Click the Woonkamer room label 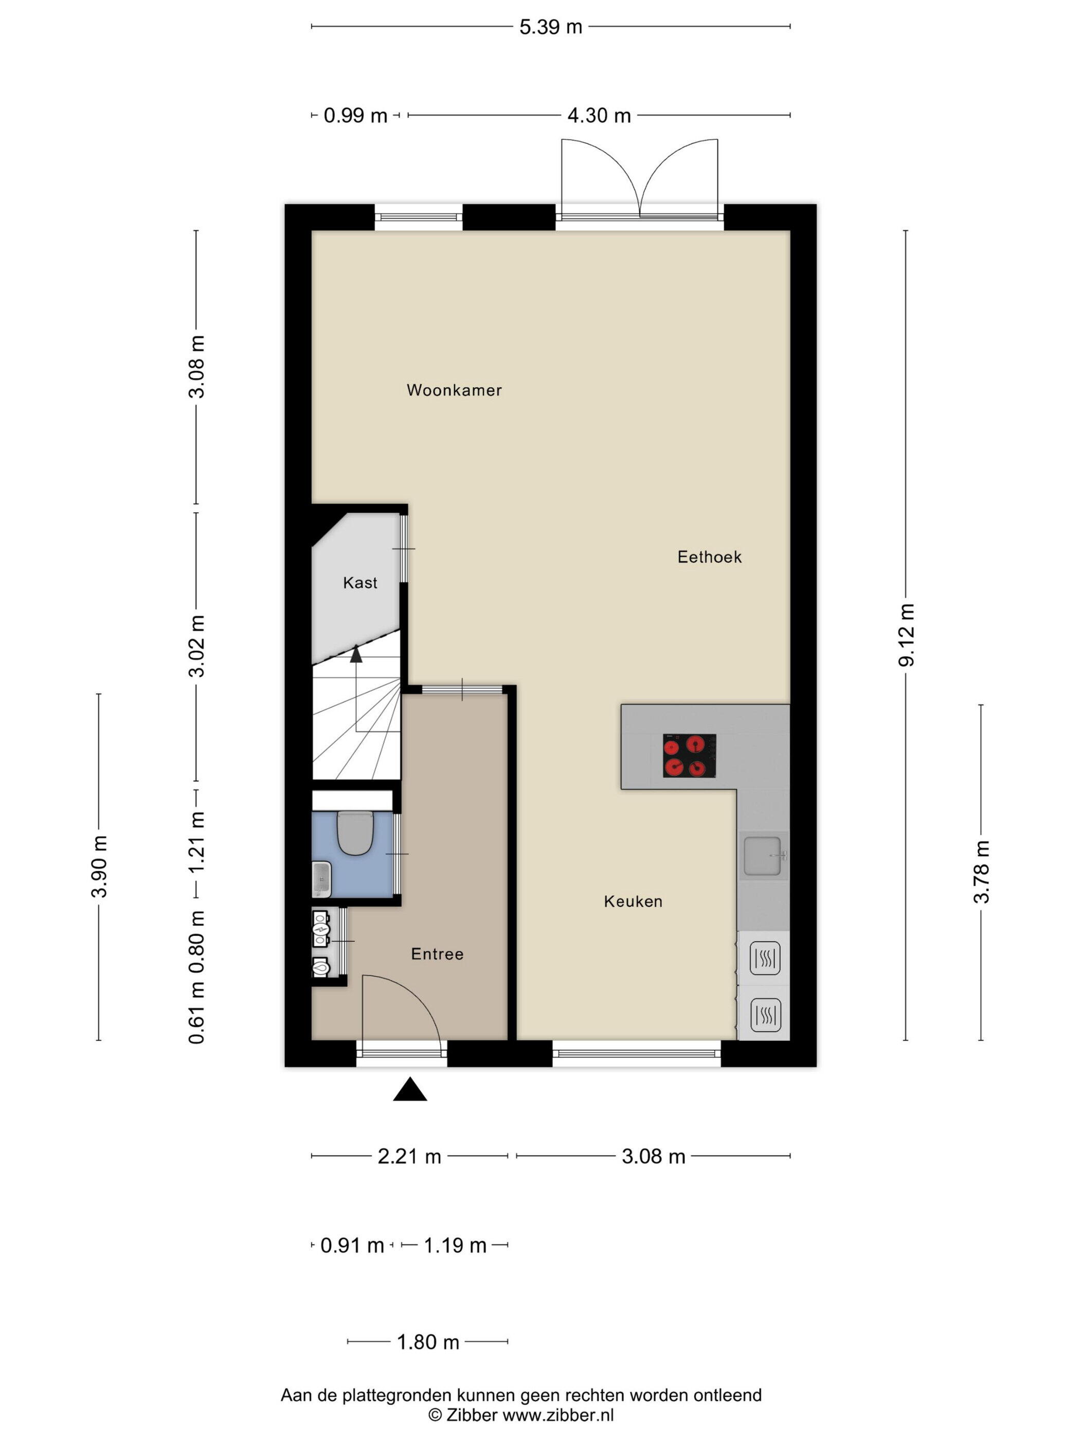[454, 390]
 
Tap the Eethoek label [709, 556]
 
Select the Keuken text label [633, 901]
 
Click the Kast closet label [360, 583]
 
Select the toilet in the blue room [354, 833]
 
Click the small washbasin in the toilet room [321, 879]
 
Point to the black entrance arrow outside [409, 1089]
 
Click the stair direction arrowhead [355, 654]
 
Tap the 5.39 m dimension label [550, 27]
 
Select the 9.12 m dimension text [906, 635]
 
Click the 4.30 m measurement [599, 115]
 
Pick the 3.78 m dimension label [981, 872]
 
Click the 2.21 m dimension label [409, 1156]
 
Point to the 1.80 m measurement [428, 1342]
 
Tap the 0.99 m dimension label [355, 115]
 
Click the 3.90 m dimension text [99, 867]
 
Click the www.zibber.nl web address [558, 1415]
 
